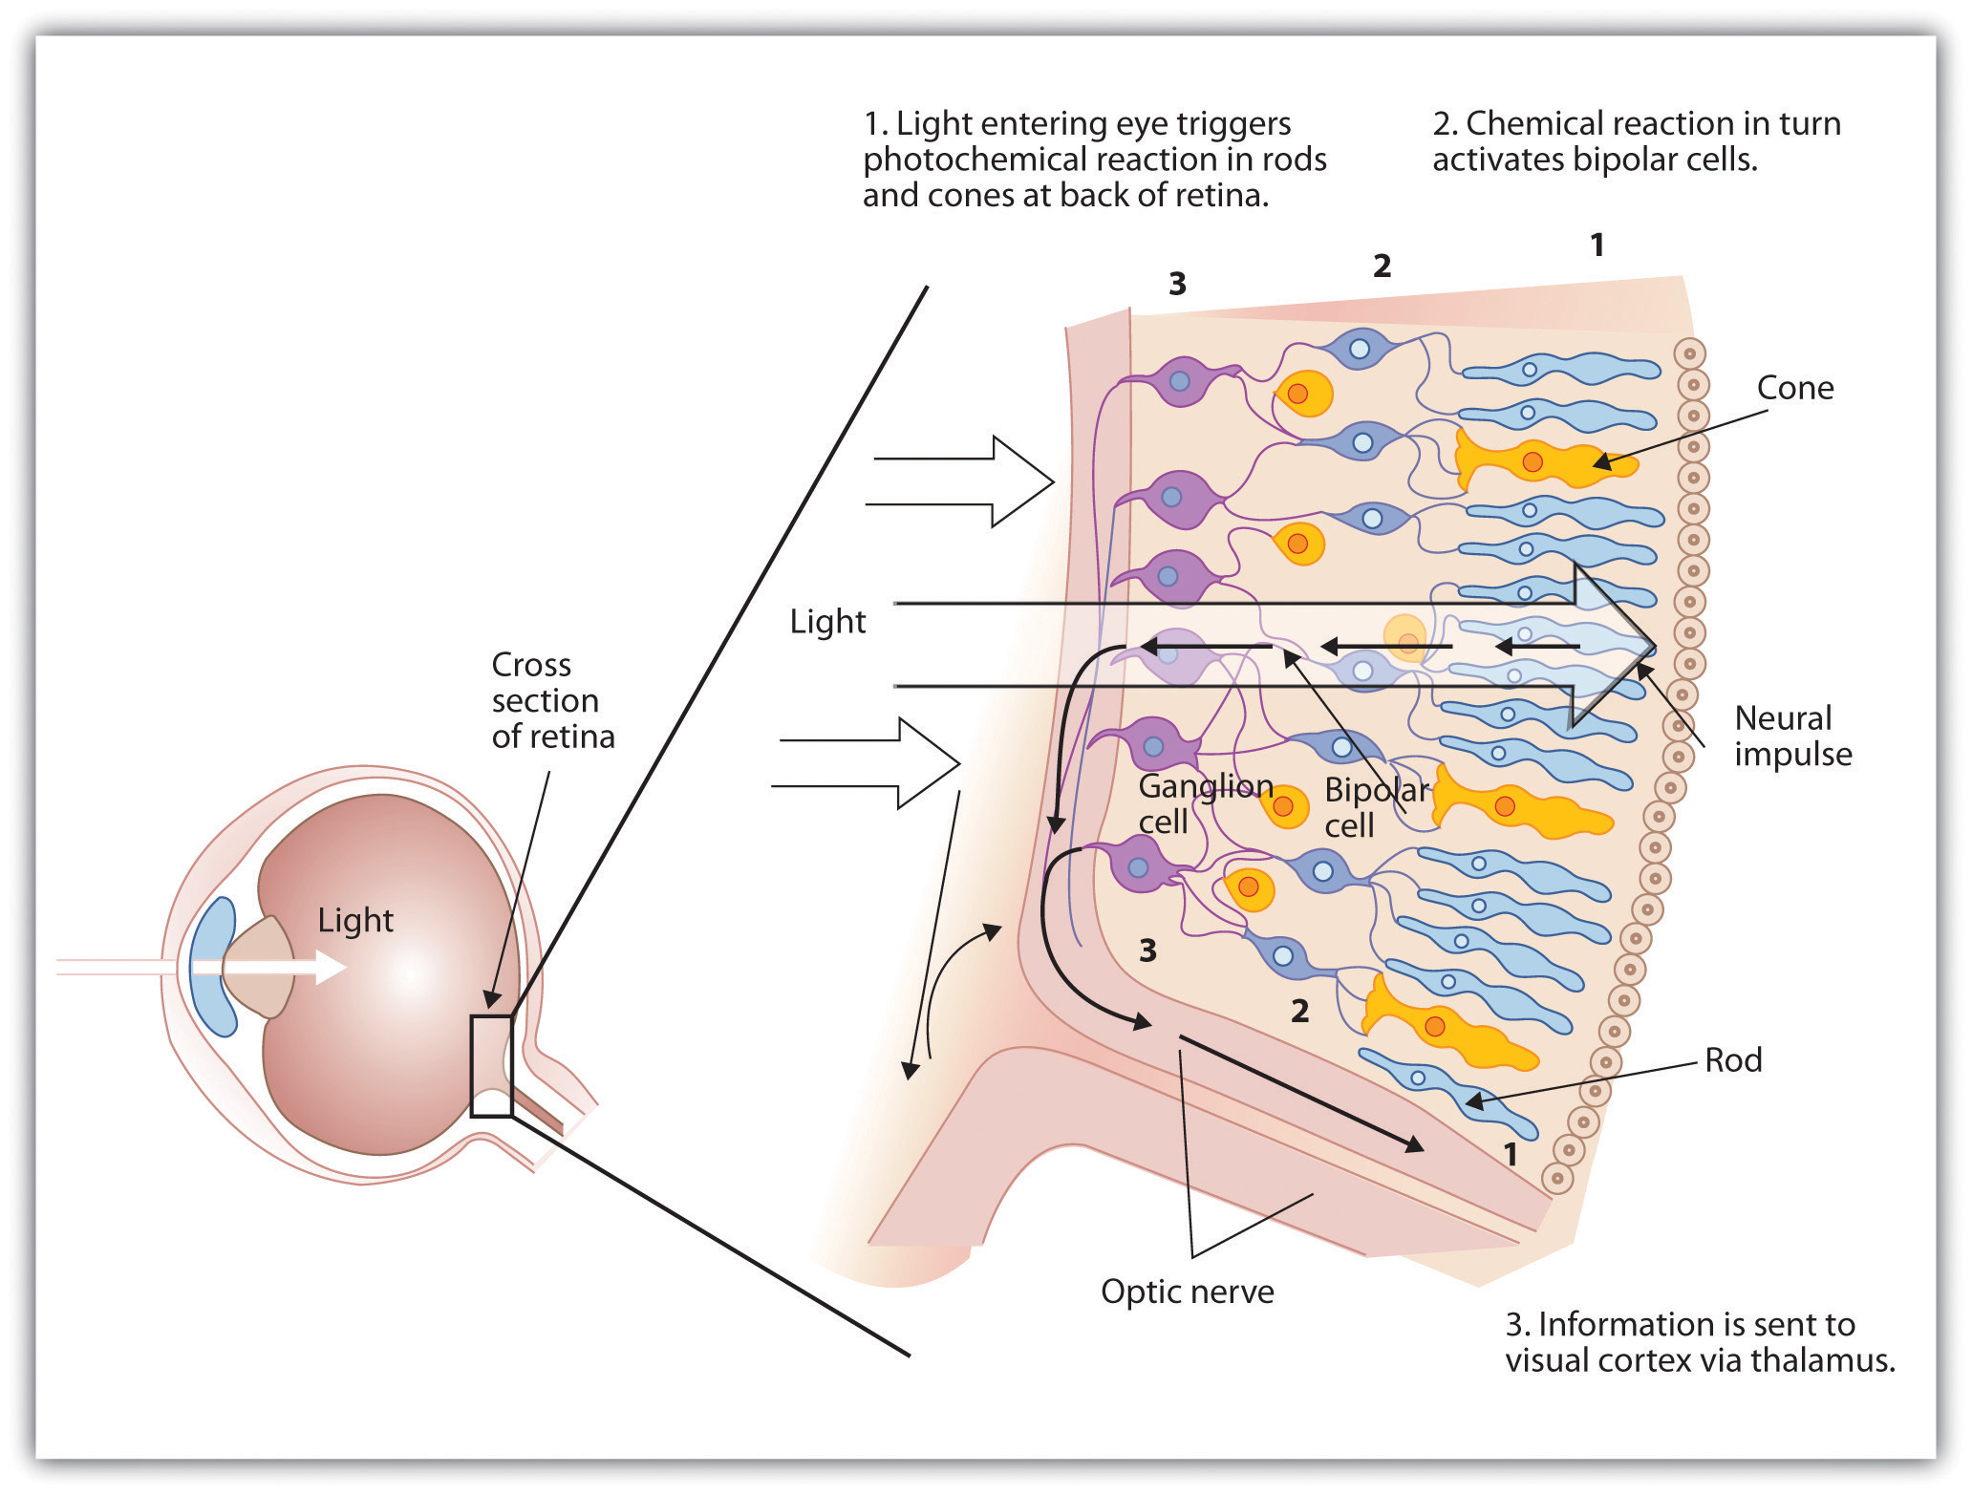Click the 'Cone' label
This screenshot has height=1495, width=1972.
(1794, 388)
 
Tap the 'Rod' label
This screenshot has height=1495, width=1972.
(1733, 1059)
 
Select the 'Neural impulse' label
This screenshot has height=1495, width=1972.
(1792, 736)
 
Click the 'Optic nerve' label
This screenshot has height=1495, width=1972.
(1187, 1292)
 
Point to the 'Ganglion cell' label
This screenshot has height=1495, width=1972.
(1204, 802)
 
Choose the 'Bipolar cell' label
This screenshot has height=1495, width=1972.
(1376, 807)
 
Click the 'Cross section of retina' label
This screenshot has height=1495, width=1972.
(552, 700)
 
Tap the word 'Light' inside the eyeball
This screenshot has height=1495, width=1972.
(355, 920)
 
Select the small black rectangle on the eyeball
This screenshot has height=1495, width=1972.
(491, 1066)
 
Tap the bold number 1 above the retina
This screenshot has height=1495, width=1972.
(1597, 246)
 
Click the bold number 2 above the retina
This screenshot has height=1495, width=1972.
(1382, 266)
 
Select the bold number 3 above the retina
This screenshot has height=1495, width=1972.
(1177, 284)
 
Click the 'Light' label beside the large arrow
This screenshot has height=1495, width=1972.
(827, 622)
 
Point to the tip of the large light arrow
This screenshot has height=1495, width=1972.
(1653, 646)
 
